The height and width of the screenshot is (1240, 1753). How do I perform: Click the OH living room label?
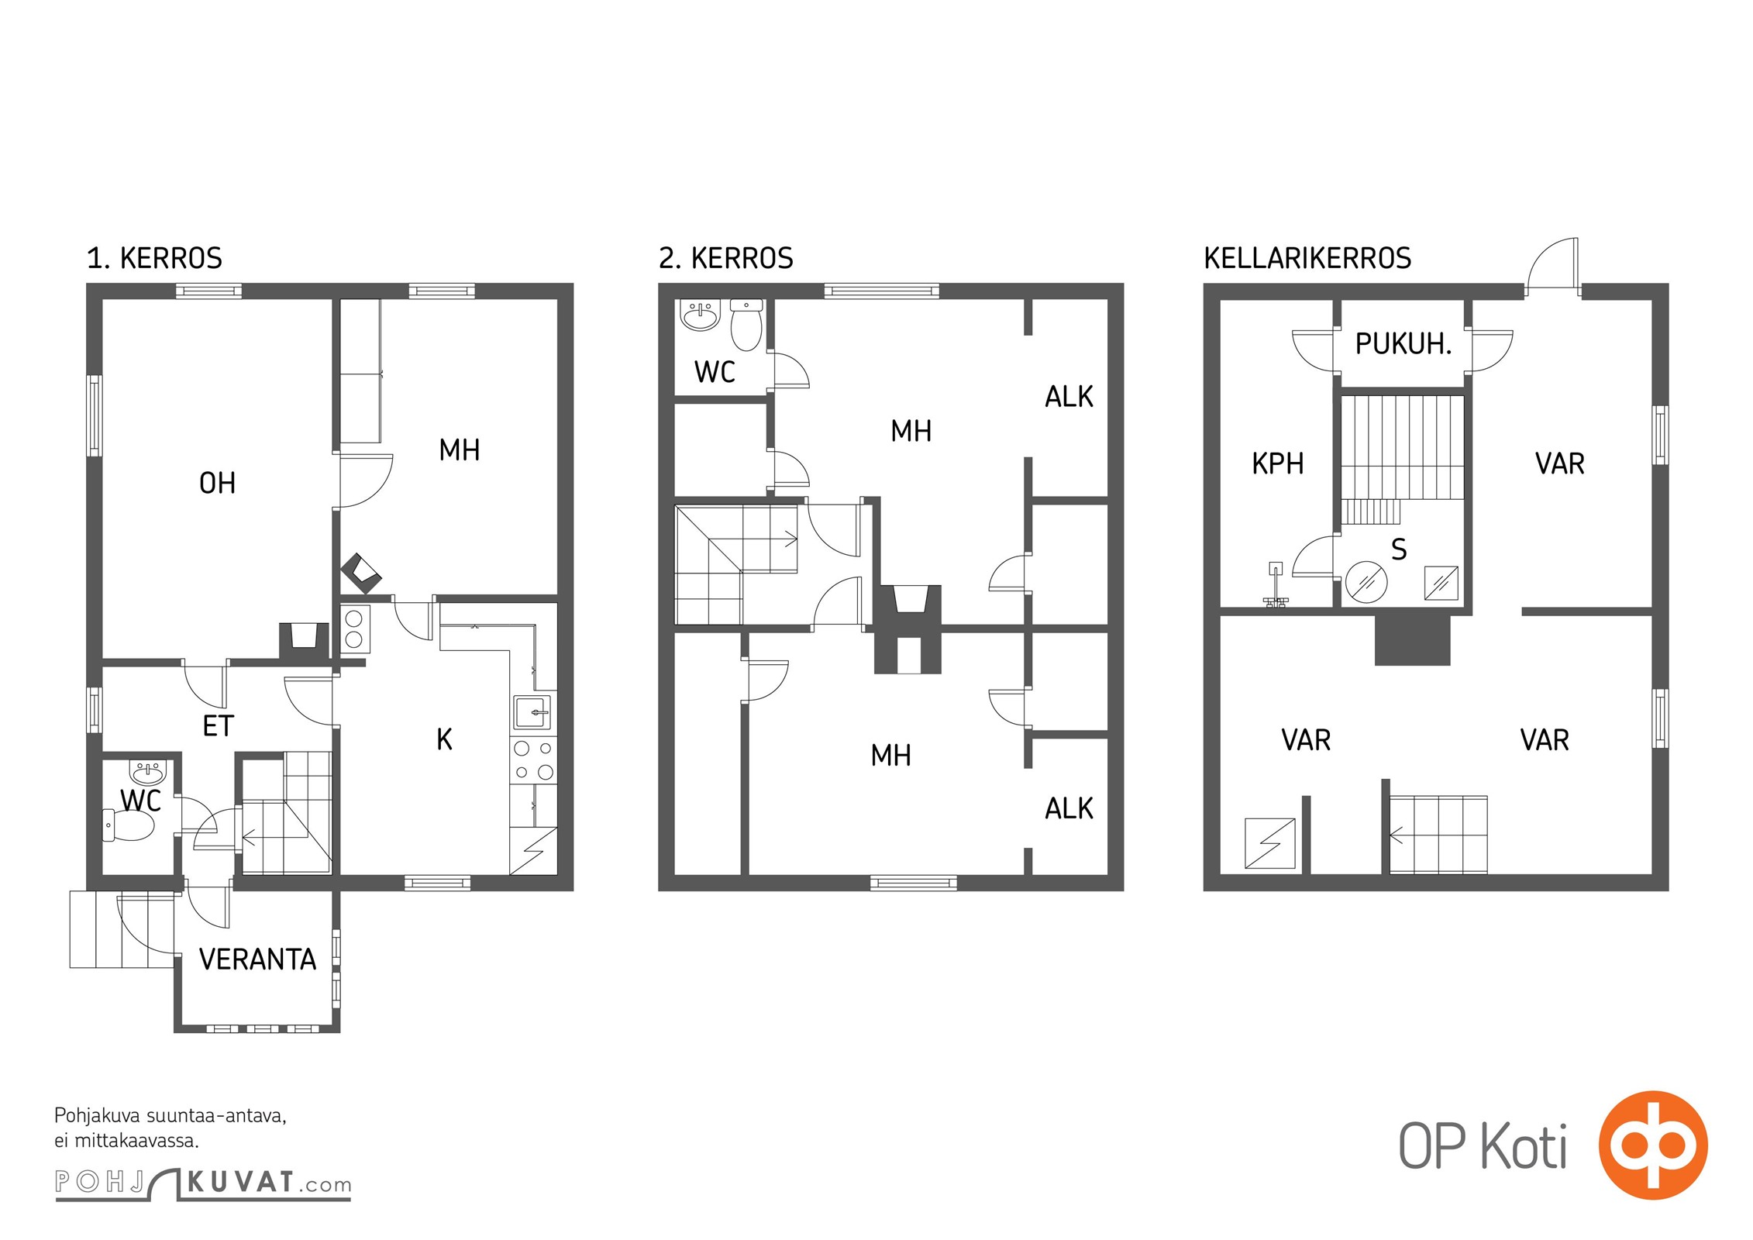(217, 484)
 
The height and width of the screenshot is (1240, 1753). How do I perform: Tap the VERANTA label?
(258, 960)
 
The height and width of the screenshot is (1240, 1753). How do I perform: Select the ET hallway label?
(218, 726)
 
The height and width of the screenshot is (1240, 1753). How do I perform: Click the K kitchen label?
(444, 739)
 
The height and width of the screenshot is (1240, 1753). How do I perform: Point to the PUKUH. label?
(1403, 344)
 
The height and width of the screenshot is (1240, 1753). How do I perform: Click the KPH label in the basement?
(1278, 463)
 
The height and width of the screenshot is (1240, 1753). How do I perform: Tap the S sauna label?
(1399, 549)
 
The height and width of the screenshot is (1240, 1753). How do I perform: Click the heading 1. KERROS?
(154, 258)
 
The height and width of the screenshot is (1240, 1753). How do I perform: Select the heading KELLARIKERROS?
(1307, 258)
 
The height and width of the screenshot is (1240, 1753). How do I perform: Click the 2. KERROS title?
(726, 258)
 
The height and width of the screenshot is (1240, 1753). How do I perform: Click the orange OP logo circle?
(1653, 1145)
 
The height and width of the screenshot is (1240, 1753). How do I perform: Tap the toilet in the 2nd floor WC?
(746, 325)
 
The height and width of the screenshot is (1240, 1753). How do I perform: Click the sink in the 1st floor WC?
(147, 773)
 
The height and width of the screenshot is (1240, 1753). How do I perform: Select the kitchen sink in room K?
(532, 712)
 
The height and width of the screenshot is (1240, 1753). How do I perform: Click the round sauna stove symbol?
(1366, 581)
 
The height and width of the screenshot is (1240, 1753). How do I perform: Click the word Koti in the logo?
(1524, 1146)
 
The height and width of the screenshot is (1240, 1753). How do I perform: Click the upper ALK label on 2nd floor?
(1069, 397)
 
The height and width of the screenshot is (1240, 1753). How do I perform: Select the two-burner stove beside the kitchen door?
(354, 629)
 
